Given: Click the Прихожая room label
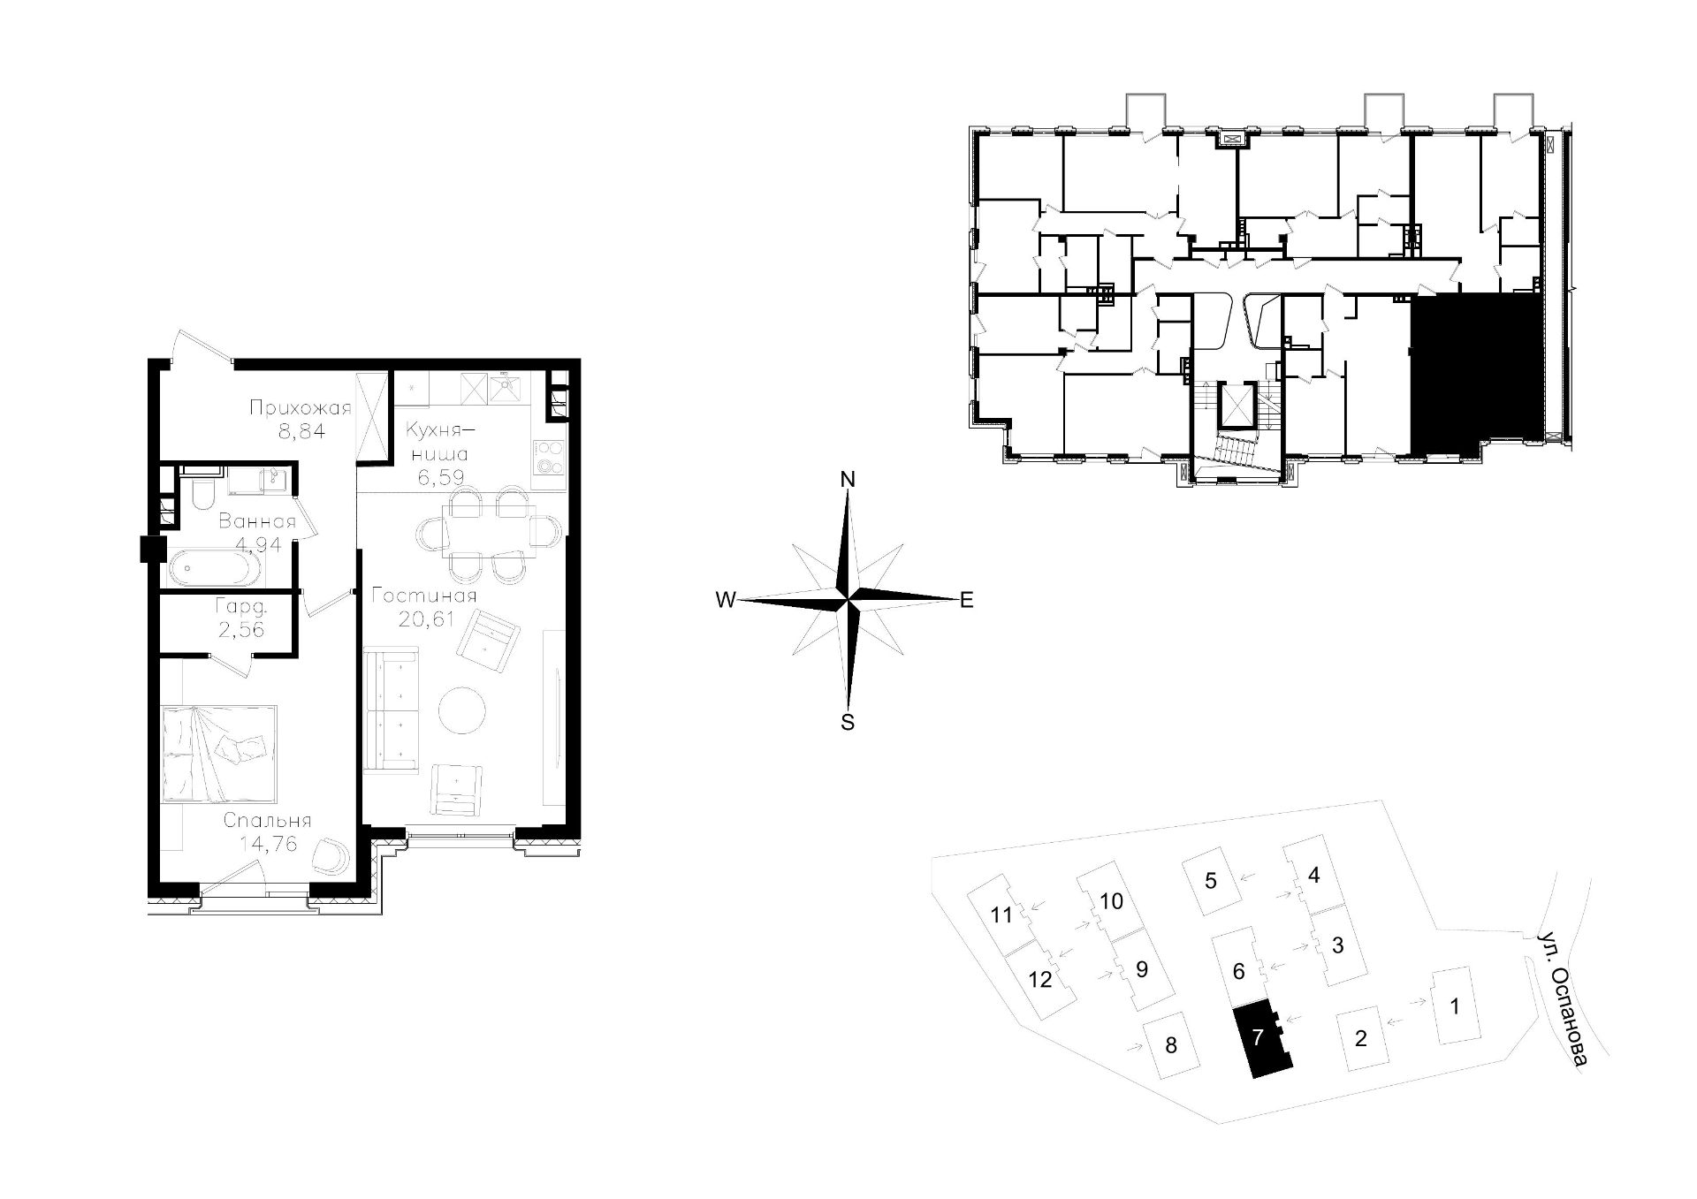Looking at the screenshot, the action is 301,408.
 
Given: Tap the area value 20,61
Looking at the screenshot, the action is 426,619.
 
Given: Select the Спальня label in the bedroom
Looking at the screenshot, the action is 267,821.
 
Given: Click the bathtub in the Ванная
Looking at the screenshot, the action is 215,569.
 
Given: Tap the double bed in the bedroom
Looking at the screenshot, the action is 219,754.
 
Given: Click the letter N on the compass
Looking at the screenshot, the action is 848,480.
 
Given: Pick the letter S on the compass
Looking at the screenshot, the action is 848,723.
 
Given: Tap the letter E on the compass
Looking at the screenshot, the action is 967,601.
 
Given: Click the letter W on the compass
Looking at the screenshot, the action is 726,601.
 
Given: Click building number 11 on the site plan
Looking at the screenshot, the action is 1001,914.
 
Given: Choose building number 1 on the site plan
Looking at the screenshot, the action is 1455,1005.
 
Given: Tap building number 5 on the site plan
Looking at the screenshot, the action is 1211,880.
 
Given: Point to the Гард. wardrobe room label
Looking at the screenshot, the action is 241,607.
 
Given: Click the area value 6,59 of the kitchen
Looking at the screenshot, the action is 440,478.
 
